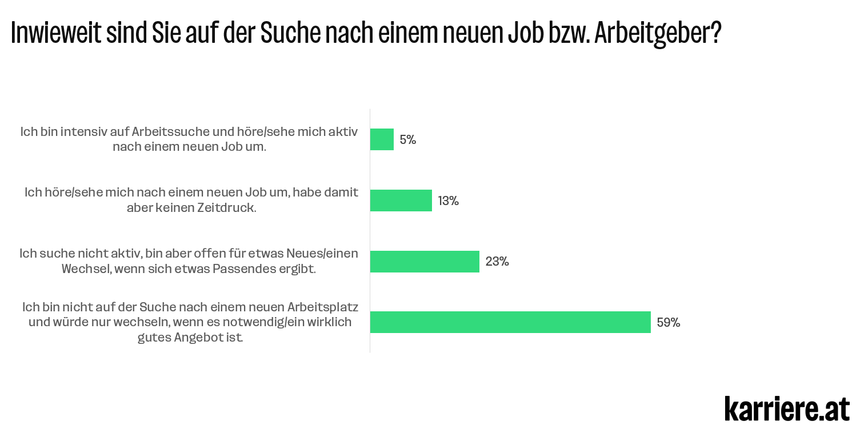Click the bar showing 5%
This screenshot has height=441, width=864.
[382, 139]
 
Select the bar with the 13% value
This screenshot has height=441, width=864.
[401, 201]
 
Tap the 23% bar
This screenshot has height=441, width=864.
[425, 262]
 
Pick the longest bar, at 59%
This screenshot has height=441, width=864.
[510, 322]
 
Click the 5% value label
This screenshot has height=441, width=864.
[408, 140]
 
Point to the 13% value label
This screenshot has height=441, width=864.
[449, 201]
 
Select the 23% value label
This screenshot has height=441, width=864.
[497, 262]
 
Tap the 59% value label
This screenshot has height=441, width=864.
[669, 323]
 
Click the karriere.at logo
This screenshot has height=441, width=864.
[787, 408]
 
